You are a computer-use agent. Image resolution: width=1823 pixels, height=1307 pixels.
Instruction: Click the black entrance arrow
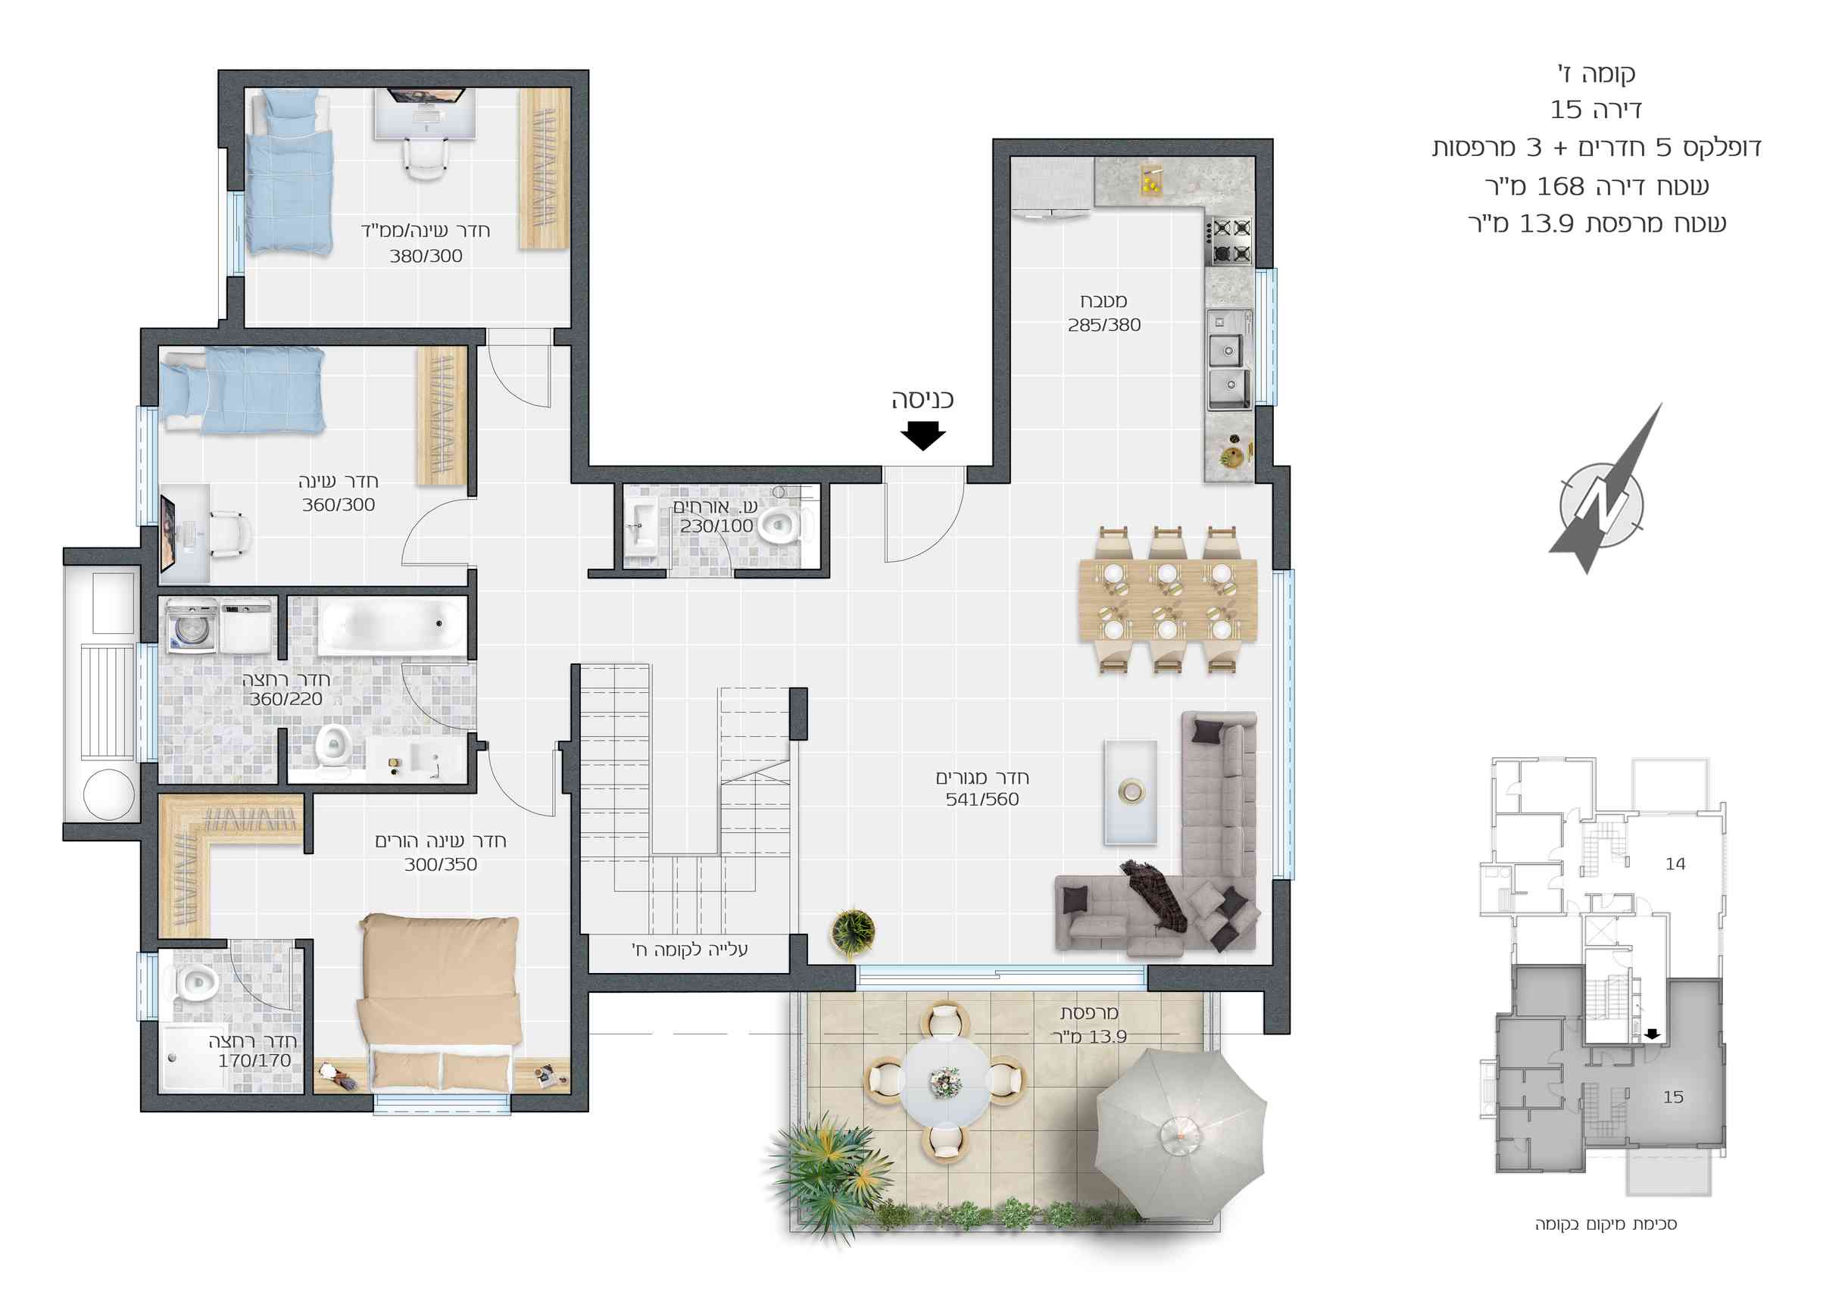click(x=922, y=435)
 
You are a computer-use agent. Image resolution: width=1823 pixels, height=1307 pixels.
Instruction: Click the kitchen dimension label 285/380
click(x=1103, y=325)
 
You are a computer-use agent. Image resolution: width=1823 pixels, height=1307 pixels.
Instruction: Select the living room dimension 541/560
click(x=982, y=799)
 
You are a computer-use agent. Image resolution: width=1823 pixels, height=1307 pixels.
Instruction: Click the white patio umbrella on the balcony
click(x=1181, y=1134)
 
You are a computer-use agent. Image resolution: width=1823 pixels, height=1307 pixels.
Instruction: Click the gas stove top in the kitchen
click(x=1228, y=240)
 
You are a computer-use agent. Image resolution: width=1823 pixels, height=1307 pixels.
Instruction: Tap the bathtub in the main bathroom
click(x=393, y=626)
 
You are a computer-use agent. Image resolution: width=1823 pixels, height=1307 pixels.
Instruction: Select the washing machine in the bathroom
click(x=192, y=626)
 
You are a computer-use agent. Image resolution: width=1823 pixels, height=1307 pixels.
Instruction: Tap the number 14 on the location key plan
click(x=1675, y=864)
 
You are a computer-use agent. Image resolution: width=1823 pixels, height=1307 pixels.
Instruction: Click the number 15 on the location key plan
click(x=1673, y=1097)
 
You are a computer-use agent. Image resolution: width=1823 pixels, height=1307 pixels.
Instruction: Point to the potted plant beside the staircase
click(x=853, y=932)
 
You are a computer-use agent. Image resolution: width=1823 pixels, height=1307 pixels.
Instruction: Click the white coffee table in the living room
click(x=1130, y=792)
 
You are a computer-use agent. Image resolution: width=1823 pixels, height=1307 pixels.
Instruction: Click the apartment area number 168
click(x=1560, y=186)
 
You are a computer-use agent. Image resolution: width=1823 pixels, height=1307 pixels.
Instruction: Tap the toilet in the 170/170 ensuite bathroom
click(x=193, y=982)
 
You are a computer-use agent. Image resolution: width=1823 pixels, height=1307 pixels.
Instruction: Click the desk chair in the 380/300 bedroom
click(x=423, y=158)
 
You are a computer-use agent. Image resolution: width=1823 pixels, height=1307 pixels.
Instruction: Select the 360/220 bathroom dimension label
click(x=286, y=700)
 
